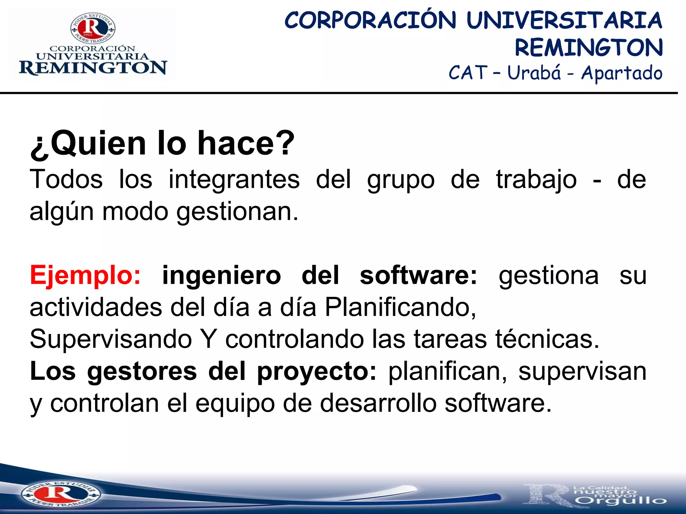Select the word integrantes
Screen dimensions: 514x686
click(x=234, y=180)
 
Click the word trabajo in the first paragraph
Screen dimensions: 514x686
click(x=536, y=180)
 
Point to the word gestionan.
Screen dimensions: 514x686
click(x=237, y=212)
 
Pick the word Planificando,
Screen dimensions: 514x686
click(x=400, y=307)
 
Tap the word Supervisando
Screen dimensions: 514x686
click(x=111, y=339)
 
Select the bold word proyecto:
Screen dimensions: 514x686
click(x=317, y=371)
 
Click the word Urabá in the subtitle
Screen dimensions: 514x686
click(x=534, y=73)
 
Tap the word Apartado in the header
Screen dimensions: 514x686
click(x=622, y=73)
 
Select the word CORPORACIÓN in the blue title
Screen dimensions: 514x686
click(x=370, y=21)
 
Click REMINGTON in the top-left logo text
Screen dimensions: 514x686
click(x=93, y=68)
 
